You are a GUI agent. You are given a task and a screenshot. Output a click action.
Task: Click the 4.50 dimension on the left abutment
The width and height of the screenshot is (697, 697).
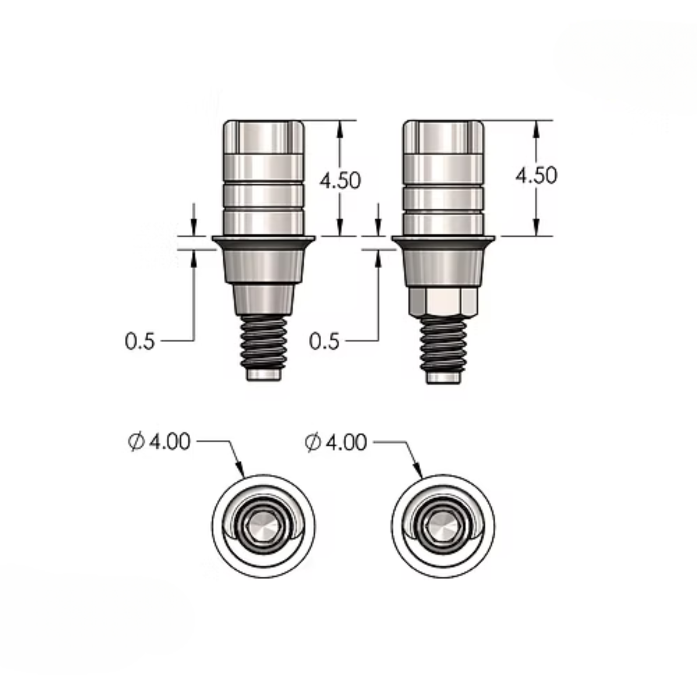point(340,180)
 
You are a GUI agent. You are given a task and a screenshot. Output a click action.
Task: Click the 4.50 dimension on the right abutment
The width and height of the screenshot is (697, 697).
point(536,176)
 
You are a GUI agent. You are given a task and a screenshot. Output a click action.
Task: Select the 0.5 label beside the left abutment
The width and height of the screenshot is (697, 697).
point(140,341)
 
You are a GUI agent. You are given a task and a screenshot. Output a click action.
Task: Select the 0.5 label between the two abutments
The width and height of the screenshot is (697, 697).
point(324,341)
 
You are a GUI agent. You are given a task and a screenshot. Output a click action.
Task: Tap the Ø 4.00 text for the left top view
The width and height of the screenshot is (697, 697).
point(159,442)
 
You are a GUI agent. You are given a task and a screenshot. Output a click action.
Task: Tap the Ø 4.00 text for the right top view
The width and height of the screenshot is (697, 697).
point(336,442)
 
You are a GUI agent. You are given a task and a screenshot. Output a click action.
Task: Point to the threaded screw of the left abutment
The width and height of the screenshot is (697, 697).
point(263,341)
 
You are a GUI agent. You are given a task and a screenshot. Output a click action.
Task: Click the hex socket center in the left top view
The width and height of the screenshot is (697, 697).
point(263,526)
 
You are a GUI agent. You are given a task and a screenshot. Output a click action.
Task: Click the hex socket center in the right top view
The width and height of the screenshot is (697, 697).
point(443,526)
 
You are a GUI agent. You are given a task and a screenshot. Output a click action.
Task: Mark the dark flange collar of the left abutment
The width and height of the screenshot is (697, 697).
point(263,243)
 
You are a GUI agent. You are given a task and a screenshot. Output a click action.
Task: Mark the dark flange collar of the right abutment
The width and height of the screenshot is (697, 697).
point(443,243)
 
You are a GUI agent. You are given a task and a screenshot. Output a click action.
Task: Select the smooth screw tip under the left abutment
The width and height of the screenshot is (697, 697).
point(263,375)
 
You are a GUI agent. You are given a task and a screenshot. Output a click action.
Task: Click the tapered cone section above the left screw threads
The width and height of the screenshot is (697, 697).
point(263,299)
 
